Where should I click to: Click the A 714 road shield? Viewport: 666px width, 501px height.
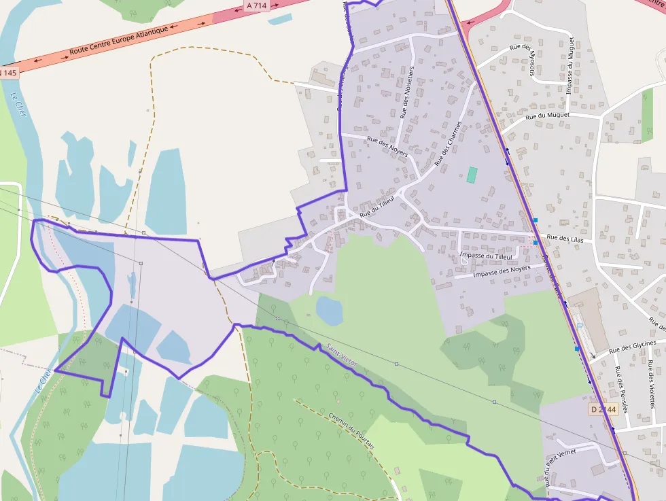(256, 5)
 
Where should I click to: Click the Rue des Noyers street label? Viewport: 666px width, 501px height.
(387, 147)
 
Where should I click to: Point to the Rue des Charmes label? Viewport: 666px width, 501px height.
(448, 143)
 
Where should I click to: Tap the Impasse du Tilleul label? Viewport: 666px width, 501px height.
(486, 256)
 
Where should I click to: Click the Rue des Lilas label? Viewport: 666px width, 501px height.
(565, 239)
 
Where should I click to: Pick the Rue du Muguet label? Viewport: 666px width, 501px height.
(548, 116)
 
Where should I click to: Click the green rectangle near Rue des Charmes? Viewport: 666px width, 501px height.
(472, 175)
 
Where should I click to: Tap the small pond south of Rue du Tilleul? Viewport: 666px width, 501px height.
(330, 311)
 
